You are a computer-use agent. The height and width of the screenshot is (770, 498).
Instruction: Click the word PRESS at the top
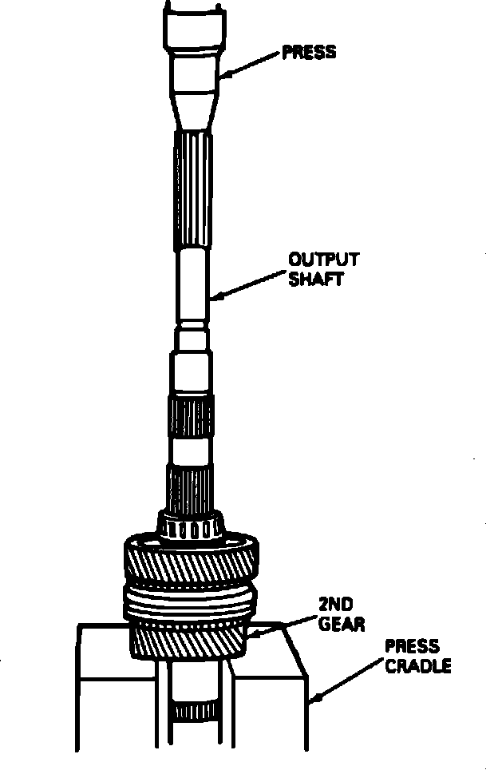(x=309, y=53)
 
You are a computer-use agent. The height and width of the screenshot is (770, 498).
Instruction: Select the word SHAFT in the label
(x=316, y=279)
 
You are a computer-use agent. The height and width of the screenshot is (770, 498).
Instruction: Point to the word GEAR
(x=341, y=623)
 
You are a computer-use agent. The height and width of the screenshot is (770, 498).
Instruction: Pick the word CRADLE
(x=417, y=666)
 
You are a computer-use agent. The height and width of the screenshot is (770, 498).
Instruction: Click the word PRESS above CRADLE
(x=412, y=646)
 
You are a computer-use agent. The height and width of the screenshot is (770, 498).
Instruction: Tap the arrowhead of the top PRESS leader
(x=222, y=76)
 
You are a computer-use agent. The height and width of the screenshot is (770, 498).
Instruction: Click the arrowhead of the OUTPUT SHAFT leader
(x=212, y=300)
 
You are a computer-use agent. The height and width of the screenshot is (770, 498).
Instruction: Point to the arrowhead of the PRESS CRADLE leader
(x=312, y=702)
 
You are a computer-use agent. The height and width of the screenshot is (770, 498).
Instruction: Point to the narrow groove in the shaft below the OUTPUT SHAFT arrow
(x=192, y=327)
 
